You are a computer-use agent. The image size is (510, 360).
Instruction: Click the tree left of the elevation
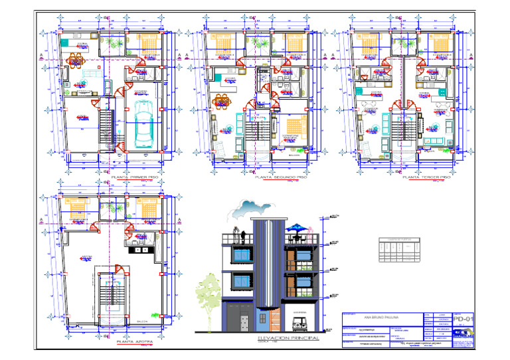click(209, 292)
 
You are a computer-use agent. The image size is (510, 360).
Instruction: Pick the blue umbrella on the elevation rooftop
click(297, 227)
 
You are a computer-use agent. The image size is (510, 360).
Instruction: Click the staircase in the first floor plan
click(106, 129)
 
